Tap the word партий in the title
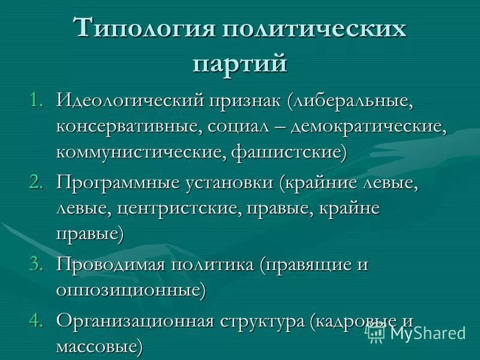point(240,62)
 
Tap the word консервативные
point(122,127)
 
